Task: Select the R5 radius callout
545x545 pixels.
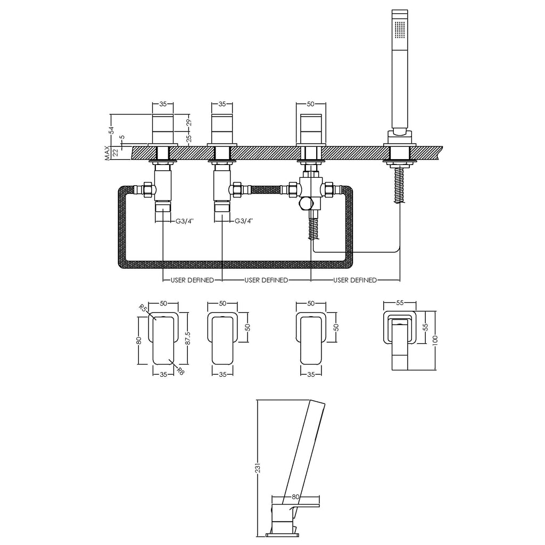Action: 142,308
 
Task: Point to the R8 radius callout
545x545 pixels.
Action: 180,371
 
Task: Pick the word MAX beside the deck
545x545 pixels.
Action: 108,153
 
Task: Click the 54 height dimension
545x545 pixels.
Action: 111,130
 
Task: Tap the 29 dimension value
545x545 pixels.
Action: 189,123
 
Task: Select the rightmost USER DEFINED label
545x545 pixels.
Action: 355,280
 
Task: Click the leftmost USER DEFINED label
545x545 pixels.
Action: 192,280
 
